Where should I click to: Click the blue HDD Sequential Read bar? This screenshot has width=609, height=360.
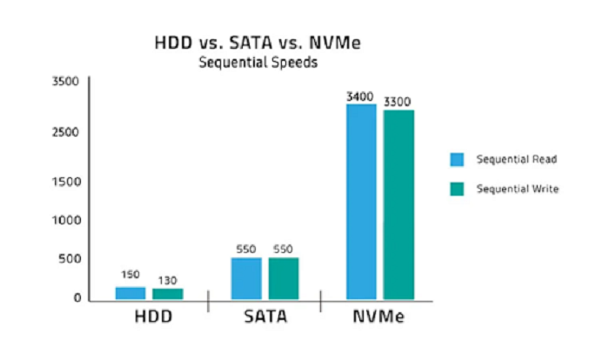(x=130, y=293)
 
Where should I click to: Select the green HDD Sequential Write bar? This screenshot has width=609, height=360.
(x=168, y=294)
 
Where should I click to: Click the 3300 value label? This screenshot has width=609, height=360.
(x=398, y=102)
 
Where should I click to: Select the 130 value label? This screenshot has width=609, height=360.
(x=167, y=280)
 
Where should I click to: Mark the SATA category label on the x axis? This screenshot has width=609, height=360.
(x=265, y=317)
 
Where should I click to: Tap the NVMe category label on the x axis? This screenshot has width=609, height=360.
(x=379, y=317)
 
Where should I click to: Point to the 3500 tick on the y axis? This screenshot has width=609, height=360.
(x=66, y=82)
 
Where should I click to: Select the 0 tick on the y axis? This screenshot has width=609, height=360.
(x=77, y=298)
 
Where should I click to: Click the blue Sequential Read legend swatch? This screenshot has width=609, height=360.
(x=457, y=159)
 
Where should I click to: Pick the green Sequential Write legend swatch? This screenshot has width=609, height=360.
(x=457, y=189)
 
